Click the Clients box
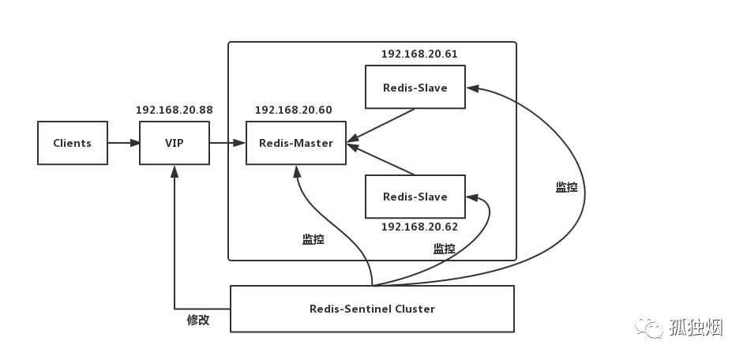tap(73, 143)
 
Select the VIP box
tap(175, 143)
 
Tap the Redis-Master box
tap(296, 143)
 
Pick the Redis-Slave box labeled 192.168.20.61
tap(415, 87)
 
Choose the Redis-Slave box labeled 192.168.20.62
tap(415, 197)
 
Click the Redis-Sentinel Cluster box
tap(372, 309)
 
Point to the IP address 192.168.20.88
tap(175, 110)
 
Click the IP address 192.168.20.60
tap(294, 110)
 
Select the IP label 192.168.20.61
tap(419, 54)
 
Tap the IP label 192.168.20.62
tap(419, 227)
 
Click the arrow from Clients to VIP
tap(123, 143)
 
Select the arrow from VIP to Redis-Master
tap(227, 143)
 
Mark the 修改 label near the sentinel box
tap(197, 320)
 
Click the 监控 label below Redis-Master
tap(313, 239)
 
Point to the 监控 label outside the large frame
tap(566, 188)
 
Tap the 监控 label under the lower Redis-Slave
tap(444, 248)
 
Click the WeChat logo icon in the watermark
tap(649, 326)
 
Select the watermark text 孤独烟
tap(696, 328)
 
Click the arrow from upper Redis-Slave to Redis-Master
tap(381, 126)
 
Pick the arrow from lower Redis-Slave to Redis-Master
tap(381, 159)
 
